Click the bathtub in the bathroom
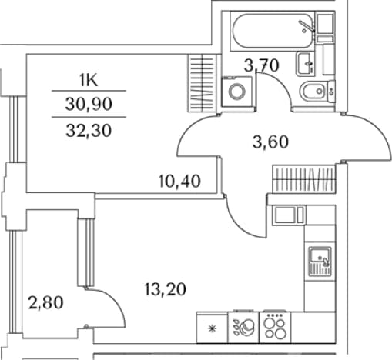click(273, 31)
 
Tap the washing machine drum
click(237, 91)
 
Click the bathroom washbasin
click(306, 63)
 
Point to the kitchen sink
click(320, 261)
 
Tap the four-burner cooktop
click(275, 327)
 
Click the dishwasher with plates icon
click(243, 327)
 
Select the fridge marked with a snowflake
click(212, 328)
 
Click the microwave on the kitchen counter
click(289, 215)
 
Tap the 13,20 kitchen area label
click(166, 289)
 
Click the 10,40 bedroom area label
click(179, 181)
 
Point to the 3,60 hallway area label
click(270, 142)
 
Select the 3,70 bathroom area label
click(261, 65)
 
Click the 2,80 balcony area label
click(45, 302)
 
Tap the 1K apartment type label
click(89, 81)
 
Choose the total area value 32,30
click(89, 131)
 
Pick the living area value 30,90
click(89, 105)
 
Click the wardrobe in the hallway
click(303, 178)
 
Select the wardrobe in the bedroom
click(203, 83)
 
